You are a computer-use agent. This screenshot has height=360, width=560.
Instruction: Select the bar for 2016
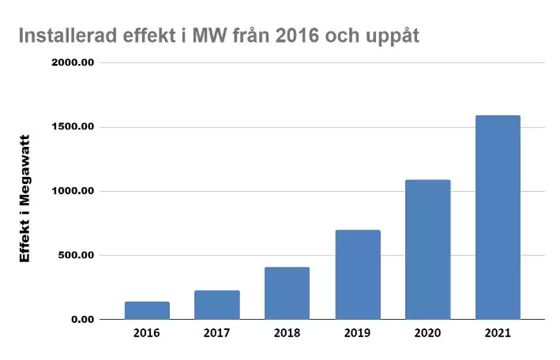click(147, 310)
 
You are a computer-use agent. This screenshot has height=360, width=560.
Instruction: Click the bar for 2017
click(217, 305)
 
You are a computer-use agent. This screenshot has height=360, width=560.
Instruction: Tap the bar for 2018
click(287, 293)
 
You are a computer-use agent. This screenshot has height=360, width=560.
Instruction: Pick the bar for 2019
click(358, 275)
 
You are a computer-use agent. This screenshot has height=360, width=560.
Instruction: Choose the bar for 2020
click(427, 249)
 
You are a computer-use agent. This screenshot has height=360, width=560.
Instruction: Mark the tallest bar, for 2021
click(498, 217)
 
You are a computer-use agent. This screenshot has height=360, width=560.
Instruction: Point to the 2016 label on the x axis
click(147, 333)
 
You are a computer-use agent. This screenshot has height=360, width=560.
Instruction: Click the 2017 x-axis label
click(217, 333)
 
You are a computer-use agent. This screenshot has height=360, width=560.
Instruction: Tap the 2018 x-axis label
click(287, 333)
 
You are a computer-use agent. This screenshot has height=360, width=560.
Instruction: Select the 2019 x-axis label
click(358, 333)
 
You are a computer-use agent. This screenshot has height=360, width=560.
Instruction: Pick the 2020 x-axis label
click(427, 333)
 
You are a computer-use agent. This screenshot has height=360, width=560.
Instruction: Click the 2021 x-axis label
click(498, 333)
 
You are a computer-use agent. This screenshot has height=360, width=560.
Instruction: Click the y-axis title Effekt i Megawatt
click(24, 197)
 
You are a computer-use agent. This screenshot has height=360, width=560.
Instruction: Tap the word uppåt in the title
click(397, 37)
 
